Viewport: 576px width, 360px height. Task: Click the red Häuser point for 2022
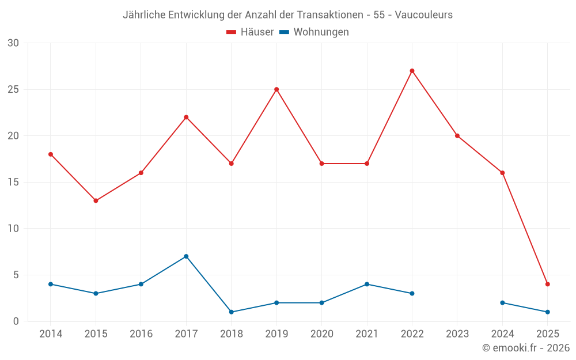(412, 71)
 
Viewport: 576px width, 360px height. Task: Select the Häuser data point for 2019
(276, 89)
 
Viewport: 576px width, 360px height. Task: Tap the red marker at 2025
(547, 284)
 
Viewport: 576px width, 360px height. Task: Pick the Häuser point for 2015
(96, 200)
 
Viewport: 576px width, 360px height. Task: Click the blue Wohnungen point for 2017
(186, 256)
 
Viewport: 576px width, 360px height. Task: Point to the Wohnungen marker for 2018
(231, 312)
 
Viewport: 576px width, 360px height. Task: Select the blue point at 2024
(502, 302)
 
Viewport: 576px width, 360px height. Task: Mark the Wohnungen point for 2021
(367, 284)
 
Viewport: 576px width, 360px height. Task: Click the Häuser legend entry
(250, 32)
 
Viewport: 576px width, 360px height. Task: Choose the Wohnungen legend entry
(314, 32)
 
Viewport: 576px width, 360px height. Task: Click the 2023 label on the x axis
(457, 334)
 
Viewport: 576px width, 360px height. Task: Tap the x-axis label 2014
(51, 334)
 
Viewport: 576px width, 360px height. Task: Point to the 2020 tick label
(321, 334)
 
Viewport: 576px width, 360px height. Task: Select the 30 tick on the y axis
(13, 43)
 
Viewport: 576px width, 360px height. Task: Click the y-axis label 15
(13, 182)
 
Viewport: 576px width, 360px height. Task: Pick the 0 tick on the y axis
(16, 321)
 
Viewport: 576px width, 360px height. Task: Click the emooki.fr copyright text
(525, 348)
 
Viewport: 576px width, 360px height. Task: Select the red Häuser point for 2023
(457, 136)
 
